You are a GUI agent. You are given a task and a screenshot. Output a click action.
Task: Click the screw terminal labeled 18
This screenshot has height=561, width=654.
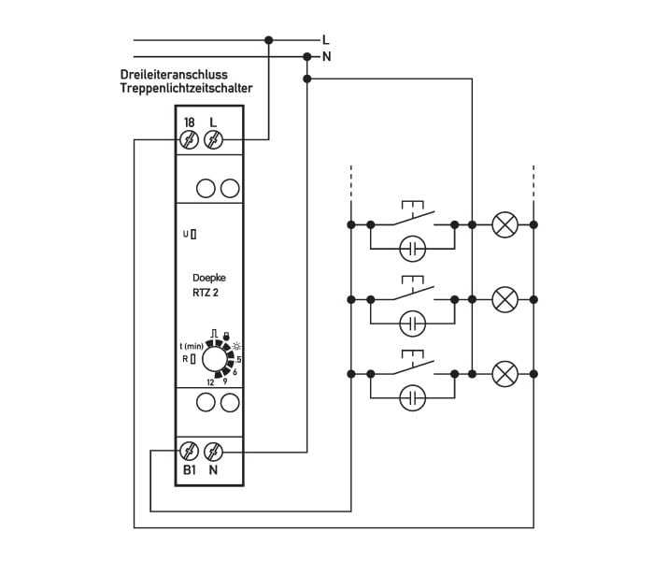[x=189, y=139]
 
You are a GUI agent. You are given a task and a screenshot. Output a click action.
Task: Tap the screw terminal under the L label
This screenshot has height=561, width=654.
[x=214, y=139]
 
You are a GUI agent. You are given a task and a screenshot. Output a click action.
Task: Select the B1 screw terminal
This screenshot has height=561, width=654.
[x=189, y=452]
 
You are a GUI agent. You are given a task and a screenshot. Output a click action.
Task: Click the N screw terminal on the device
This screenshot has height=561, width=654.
[x=214, y=452]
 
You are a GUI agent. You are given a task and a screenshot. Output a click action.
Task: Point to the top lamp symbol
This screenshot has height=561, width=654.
[x=505, y=224]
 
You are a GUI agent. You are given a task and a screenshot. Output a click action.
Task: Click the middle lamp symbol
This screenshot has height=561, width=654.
[x=505, y=299]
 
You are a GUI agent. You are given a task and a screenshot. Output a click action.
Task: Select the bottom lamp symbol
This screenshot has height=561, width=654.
[x=505, y=374]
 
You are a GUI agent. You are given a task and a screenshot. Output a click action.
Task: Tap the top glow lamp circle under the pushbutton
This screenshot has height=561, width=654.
[x=413, y=249]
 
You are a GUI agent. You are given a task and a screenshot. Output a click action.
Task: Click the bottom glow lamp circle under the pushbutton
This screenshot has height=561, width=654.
[x=413, y=397]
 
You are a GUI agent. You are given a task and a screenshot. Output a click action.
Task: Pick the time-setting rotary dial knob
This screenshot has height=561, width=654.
[x=214, y=359]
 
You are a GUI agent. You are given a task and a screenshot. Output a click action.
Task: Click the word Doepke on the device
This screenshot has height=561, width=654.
[x=209, y=278]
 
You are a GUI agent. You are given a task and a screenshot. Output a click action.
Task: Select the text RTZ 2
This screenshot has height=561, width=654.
[x=206, y=293]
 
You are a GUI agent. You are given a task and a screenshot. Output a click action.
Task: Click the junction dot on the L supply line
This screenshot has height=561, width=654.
[x=269, y=40]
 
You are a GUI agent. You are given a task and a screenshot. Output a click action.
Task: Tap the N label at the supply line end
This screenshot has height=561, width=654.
[x=327, y=57]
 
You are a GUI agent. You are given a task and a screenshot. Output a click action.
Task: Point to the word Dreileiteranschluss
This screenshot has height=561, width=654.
[x=174, y=75]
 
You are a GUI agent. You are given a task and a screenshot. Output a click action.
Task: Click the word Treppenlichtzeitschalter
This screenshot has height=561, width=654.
[x=187, y=89]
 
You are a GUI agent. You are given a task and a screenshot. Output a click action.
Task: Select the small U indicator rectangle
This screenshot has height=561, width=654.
[x=193, y=235]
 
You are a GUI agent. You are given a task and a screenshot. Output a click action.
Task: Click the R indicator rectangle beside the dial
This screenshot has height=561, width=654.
[x=193, y=359]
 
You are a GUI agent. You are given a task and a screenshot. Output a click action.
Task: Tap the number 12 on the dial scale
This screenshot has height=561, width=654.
[x=210, y=382]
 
